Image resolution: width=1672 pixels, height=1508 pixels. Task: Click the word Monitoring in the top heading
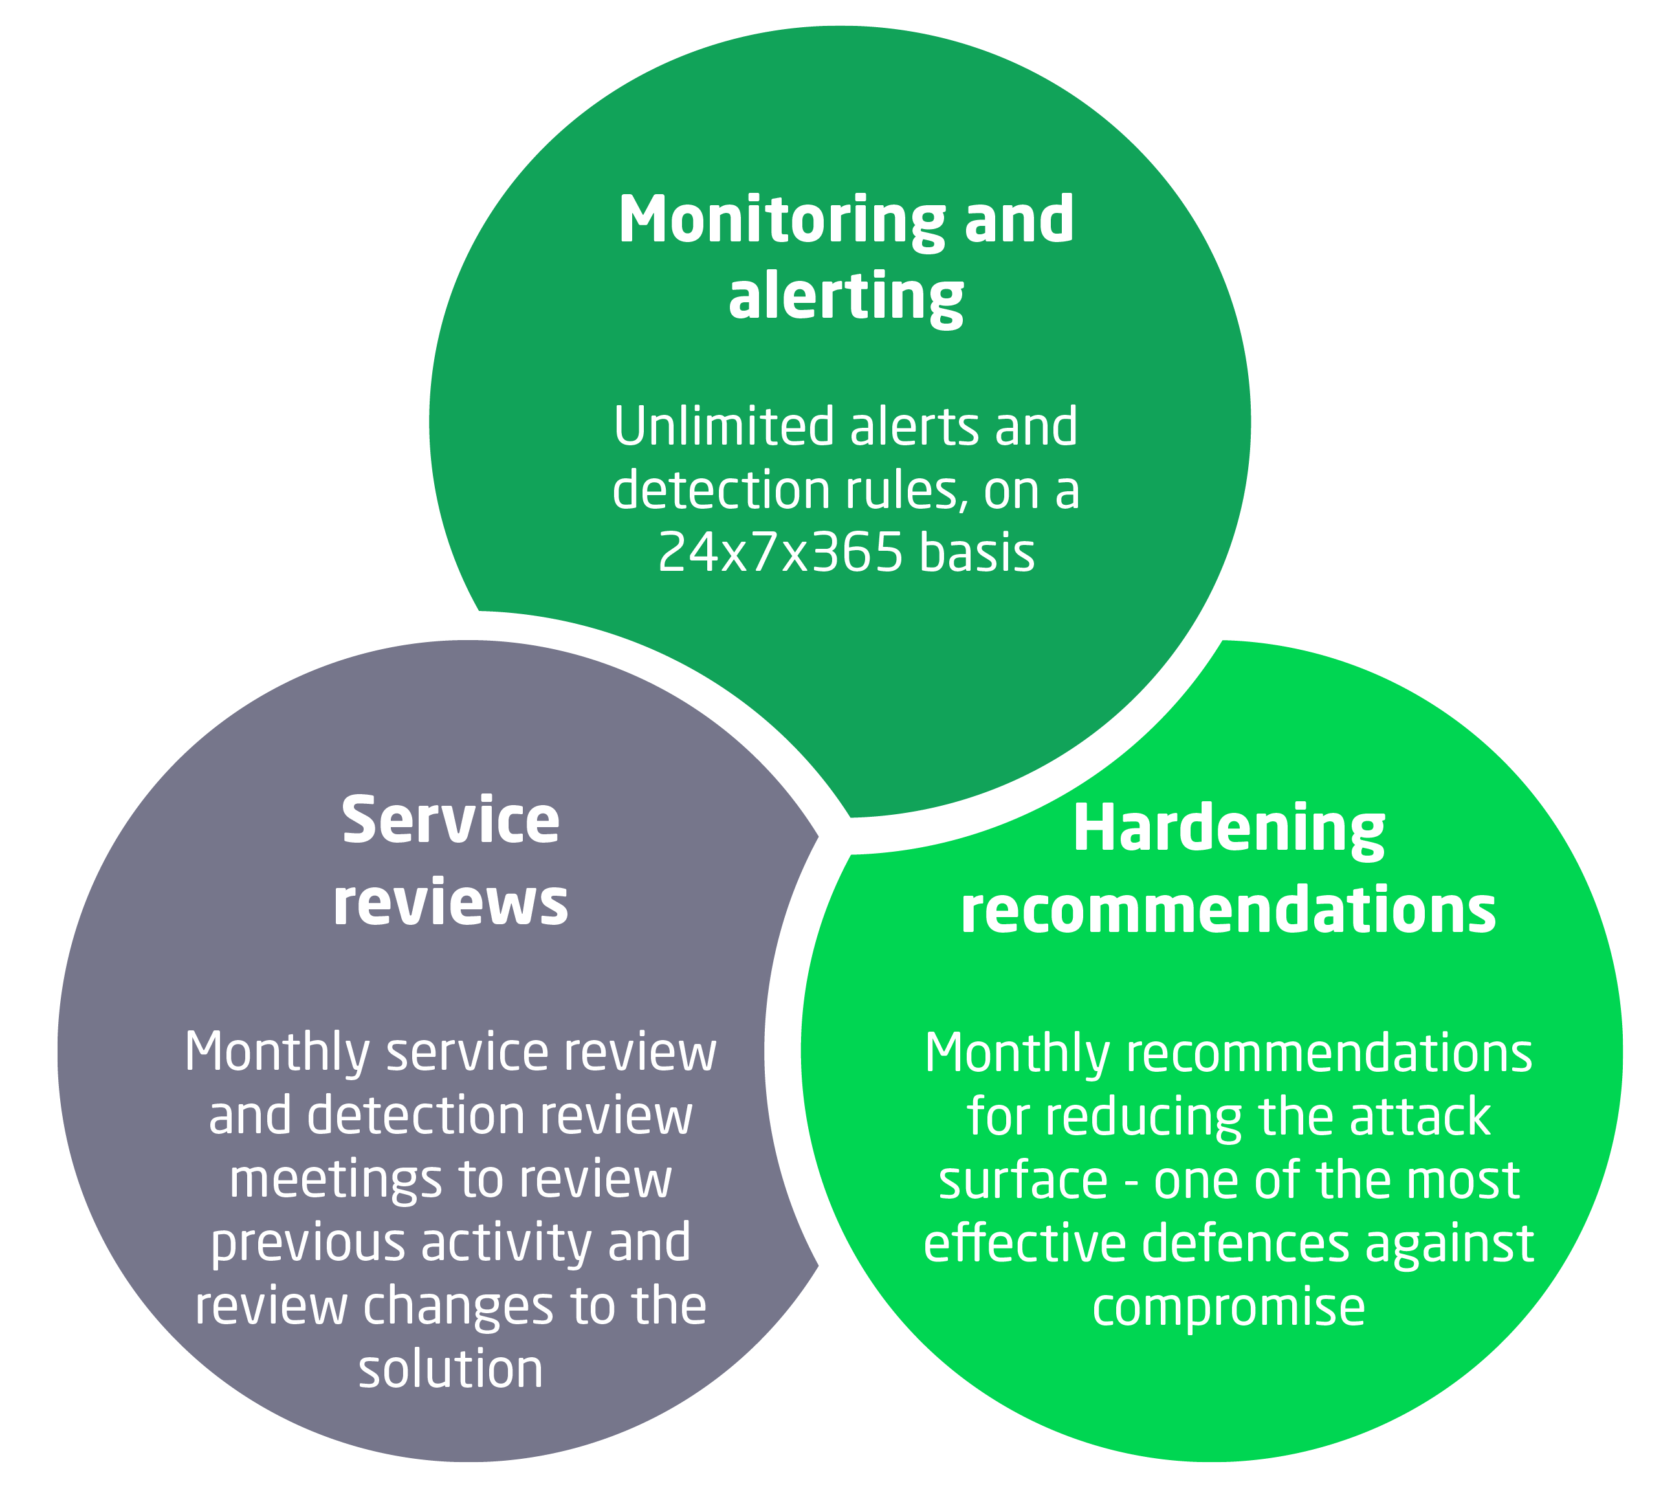[x=780, y=221]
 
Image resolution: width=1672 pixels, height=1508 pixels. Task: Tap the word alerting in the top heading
[x=845, y=296]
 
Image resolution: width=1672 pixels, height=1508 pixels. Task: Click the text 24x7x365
[x=780, y=552]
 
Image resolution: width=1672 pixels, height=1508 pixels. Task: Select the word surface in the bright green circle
[x=1022, y=1180]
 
